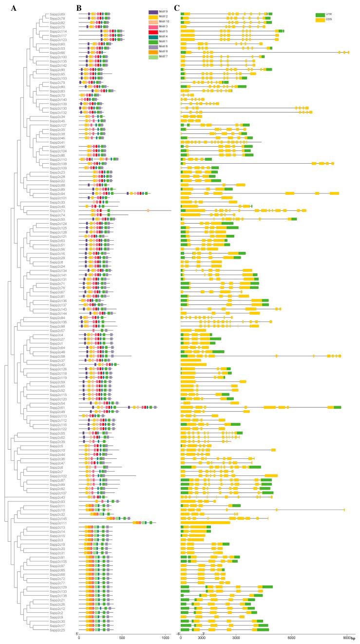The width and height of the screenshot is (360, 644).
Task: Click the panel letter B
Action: [x=79, y=7]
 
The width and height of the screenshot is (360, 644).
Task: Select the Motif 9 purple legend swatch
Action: [x=153, y=12]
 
